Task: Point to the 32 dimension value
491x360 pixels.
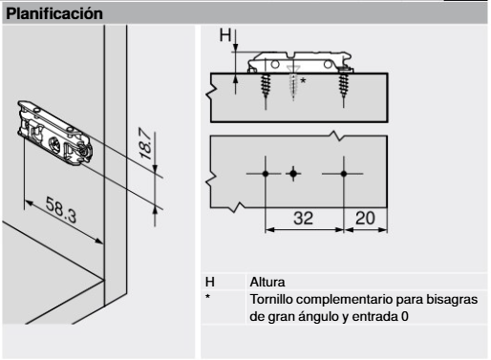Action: pyautogui.click(x=303, y=218)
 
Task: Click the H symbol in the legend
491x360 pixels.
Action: pyautogui.click(x=211, y=283)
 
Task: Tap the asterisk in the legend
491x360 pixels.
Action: pyautogui.click(x=209, y=298)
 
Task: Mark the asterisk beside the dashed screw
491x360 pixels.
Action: pyautogui.click(x=303, y=82)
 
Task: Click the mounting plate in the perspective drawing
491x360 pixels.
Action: pyautogui.click(x=56, y=128)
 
